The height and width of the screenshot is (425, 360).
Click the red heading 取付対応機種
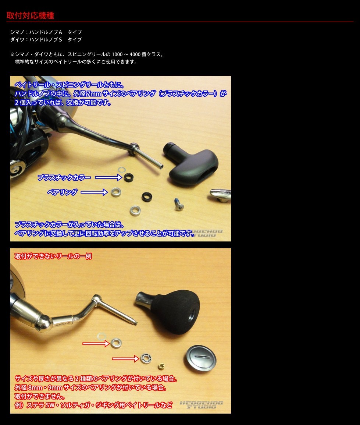[x=30, y=15]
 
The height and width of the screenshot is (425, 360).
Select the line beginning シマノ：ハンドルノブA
[x=46, y=32]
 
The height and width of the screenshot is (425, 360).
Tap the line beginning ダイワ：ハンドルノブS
[x=46, y=39]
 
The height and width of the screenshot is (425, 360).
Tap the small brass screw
[x=161, y=366]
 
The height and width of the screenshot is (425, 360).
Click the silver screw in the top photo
[x=179, y=204]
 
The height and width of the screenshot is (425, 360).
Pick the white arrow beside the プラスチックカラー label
[x=108, y=178]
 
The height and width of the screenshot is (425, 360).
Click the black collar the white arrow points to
[x=129, y=177]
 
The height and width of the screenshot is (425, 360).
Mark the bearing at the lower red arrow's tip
[x=146, y=358]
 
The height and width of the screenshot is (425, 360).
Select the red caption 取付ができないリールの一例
[x=53, y=256]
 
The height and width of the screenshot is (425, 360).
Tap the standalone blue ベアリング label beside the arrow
[x=62, y=192]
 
